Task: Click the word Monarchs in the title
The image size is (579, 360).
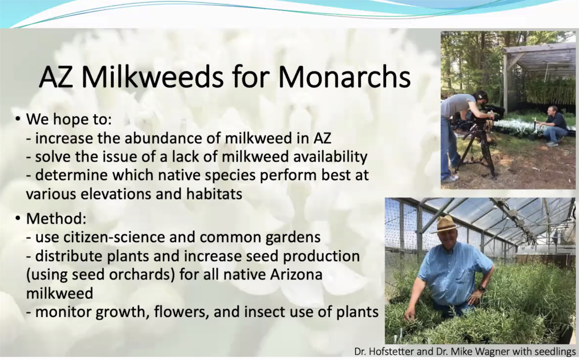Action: (x=344, y=77)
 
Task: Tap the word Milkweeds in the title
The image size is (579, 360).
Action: (x=152, y=77)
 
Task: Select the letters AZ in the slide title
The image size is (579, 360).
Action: (x=56, y=77)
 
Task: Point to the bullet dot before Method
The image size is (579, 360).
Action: (x=18, y=218)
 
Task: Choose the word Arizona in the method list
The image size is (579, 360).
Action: (x=296, y=274)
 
